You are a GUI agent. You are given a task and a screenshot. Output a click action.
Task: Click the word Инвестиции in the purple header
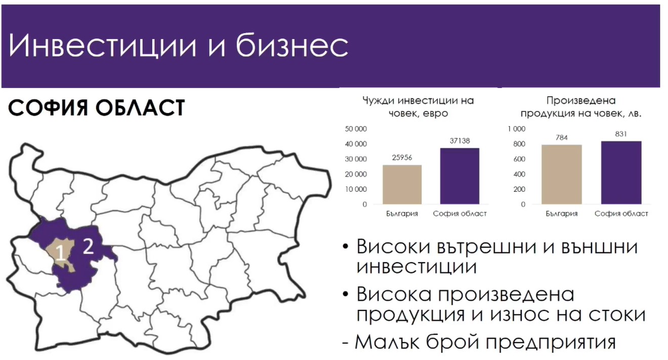point(103,46)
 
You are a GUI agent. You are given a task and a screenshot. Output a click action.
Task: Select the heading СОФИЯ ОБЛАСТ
point(96,108)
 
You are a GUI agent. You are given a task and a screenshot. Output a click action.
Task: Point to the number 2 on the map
point(88,247)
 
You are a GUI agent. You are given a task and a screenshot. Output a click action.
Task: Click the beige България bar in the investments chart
point(402,185)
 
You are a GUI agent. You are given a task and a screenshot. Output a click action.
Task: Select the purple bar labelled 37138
point(460,176)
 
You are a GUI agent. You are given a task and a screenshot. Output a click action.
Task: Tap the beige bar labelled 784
point(562,175)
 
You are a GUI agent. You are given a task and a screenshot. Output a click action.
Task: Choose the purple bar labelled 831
point(621,173)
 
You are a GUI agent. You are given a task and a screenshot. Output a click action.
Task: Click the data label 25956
point(402,157)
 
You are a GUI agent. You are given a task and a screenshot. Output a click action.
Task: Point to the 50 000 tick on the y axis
point(356,129)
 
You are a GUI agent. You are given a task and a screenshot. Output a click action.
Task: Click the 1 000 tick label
point(517,129)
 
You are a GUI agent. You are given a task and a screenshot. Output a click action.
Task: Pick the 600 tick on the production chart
point(519,159)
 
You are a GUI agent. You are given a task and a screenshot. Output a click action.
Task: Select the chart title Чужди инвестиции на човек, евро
point(418,107)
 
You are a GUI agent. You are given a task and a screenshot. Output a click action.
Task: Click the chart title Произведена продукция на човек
point(581,107)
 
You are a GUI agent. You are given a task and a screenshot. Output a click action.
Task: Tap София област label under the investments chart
point(460,214)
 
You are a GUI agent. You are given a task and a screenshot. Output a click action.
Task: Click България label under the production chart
point(562,214)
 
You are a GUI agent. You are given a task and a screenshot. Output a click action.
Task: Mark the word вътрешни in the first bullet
point(486,247)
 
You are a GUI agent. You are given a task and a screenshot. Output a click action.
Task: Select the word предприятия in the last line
point(551,342)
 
